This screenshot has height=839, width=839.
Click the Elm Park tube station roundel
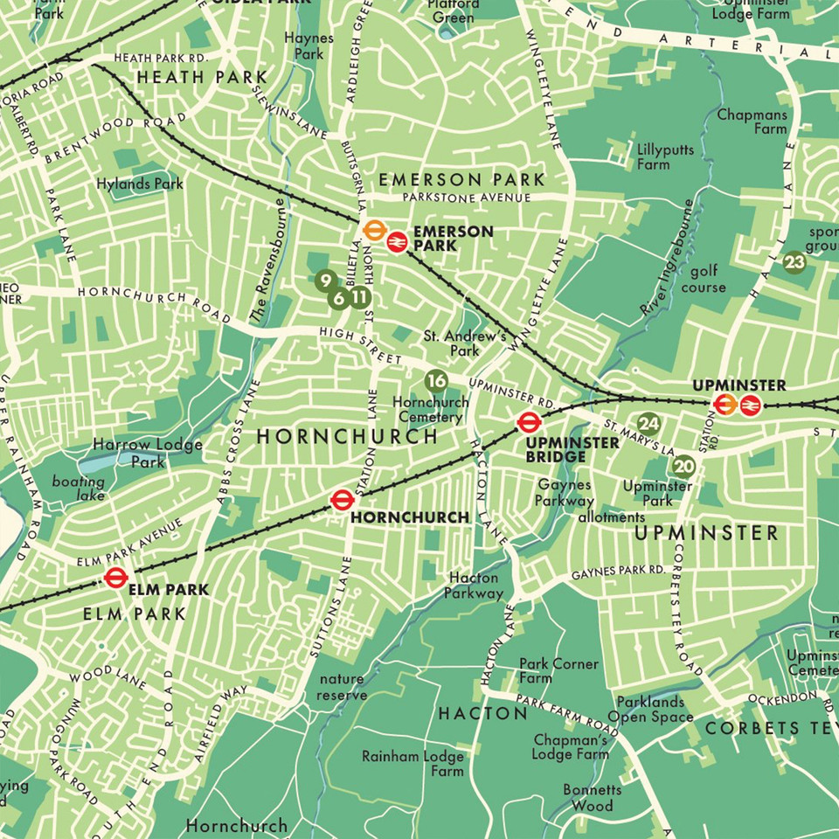pos(114,577)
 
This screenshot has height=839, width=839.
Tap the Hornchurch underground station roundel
pos(342,500)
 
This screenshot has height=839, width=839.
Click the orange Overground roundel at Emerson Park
pos(374,229)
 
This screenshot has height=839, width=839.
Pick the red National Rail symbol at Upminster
pos(749,405)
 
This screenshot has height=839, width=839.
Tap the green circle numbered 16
pos(436,380)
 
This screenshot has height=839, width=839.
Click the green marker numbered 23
pos(794,261)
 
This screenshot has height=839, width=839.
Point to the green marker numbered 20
pos(684,466)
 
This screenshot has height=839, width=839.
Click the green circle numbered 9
pos(324,281)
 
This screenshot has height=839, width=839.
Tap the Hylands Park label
pos(142,184)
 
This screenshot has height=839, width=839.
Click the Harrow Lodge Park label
pos(148,453)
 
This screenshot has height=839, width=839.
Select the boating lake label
pos(78,489)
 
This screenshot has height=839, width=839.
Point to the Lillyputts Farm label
pos(666,157)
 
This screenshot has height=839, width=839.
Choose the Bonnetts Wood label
pos(593,797)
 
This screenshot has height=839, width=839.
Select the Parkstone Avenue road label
pos(461,198)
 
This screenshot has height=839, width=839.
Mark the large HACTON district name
pos(482,713)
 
